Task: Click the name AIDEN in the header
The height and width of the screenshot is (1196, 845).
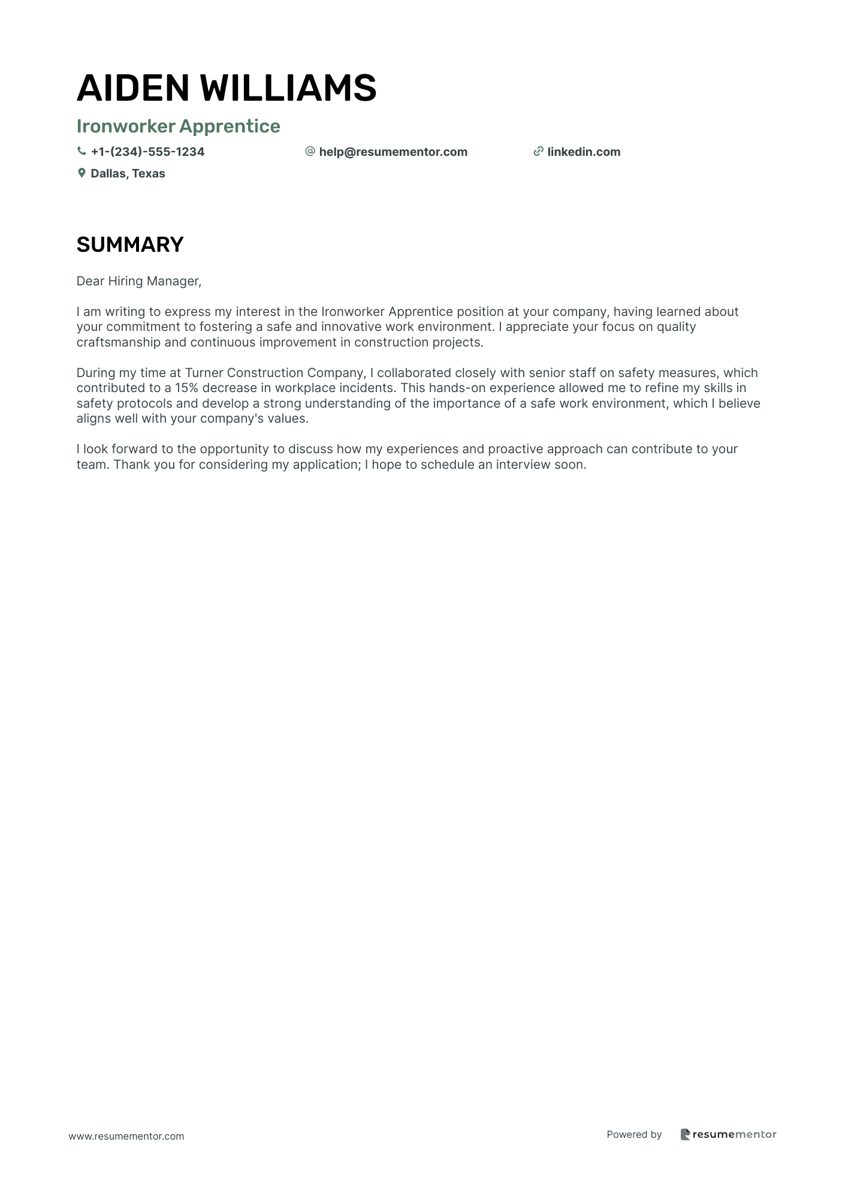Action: (133, 88)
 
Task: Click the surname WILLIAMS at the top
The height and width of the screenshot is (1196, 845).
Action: (288, 88)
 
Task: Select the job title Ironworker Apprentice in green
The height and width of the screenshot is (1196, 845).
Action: (178, 126)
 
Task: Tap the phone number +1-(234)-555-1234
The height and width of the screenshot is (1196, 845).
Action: (147, 152)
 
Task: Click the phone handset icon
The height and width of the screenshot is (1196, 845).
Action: (82, 152)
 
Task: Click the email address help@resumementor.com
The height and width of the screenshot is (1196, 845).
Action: (393, 152)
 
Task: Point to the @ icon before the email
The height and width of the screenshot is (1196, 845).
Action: (310, 152)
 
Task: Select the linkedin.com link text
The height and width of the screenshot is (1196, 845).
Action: (584, 152)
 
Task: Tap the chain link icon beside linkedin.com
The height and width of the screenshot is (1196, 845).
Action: (538, 152)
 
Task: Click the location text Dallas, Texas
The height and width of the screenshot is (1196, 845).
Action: (128, 174)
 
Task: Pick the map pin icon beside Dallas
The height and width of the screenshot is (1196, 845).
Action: (82, 173)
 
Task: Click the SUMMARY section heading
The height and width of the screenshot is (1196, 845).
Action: (130, 245)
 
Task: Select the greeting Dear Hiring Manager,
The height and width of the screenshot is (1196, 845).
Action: (139, 281)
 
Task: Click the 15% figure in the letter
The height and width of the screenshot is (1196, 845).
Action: (186, 388)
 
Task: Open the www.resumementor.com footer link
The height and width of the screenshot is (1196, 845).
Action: (126, 1136)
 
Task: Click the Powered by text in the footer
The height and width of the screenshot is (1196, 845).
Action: (634, 1134)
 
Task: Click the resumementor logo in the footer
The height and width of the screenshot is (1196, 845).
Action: (728, 1134)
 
